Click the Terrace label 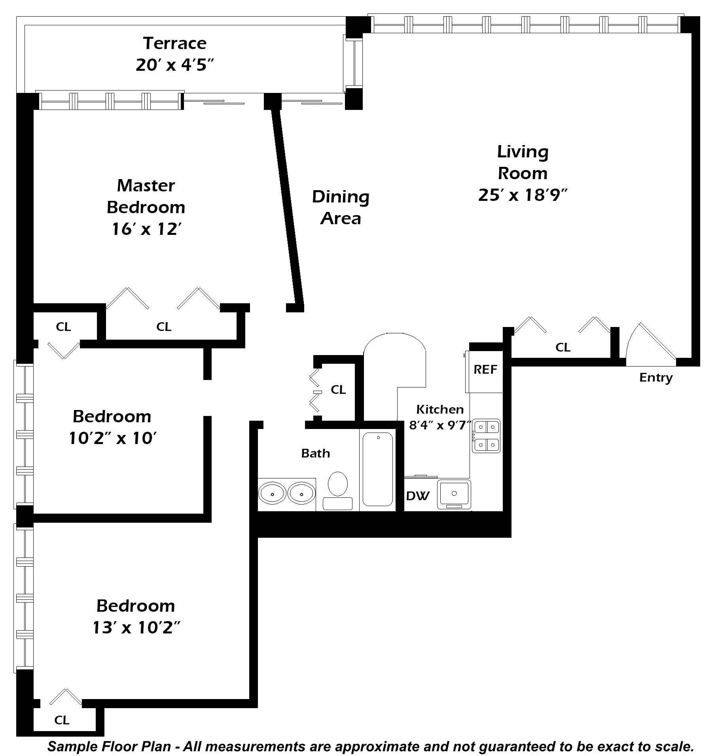point(174,43)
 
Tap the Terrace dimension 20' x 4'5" point(175,65)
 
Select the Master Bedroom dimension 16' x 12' point(146,229)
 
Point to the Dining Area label point(341,208)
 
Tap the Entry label point(656,378)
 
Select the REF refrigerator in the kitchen point(485,371)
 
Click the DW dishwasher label point(418,496)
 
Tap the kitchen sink point(454,494)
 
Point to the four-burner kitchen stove point(486,436)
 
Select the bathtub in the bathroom point(378,469)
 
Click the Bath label point(315,453)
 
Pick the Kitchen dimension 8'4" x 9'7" point(440,425)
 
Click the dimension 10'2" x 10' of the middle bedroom point(113,438)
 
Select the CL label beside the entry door point(563,347)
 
